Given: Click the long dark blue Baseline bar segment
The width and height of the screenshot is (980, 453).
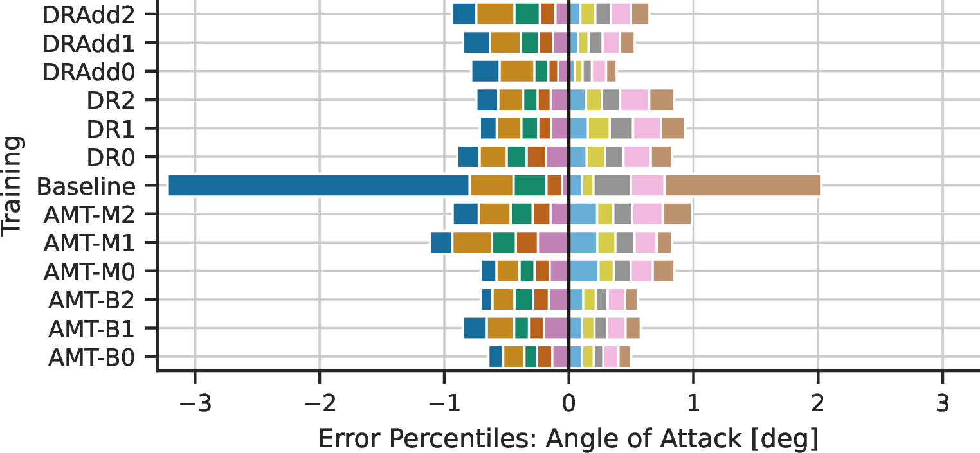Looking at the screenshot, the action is click(x=318, y=186).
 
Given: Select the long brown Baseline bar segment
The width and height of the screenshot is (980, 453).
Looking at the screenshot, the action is click(x=743, y=186).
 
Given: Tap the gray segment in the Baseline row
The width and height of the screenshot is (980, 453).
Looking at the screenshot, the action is click(x=612, y=186).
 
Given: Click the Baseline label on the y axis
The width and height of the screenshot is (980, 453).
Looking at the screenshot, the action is click(x=86, y=187).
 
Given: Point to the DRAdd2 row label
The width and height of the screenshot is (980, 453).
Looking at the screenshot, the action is click(x=88, y=15).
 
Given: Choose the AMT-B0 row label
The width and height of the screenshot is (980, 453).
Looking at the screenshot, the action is click(x=91, y=358).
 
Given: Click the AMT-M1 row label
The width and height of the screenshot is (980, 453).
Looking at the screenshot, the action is click(x=89, y=243).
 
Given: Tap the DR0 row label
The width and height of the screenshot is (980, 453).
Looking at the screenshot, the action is click(x=111, y=158).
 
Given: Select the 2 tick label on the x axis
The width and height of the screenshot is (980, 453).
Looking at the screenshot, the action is click(x=818, y=404).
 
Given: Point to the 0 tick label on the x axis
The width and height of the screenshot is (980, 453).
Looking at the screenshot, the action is click(x=568, y=404).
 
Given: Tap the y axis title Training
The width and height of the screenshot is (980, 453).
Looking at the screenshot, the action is click(x=12, y=187).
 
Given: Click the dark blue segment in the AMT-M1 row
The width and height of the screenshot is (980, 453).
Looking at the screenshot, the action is click(x=441, y=243).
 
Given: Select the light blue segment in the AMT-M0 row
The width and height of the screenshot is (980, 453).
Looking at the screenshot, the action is click(x=584, y=271).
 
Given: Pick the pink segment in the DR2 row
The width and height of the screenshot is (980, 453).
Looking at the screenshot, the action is click(x=635, y=100).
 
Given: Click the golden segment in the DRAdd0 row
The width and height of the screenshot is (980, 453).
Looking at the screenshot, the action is click(x=517, y=71).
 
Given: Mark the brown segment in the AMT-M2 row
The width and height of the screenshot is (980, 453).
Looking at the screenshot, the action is click(x=677, y=214).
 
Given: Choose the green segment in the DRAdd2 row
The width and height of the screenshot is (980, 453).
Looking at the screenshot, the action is click(x=527, y=14).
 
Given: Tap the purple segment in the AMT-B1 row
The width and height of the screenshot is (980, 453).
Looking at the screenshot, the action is click(x=557, y=328).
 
